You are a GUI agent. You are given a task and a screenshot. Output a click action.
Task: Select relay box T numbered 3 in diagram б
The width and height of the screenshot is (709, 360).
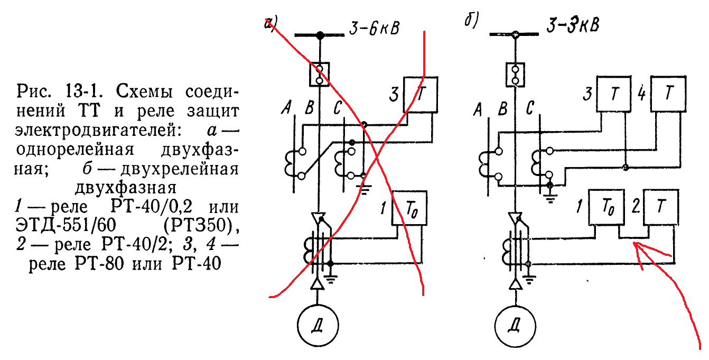[614, 94]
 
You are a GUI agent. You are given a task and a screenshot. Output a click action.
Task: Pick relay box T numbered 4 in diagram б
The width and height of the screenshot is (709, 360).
[668, 94]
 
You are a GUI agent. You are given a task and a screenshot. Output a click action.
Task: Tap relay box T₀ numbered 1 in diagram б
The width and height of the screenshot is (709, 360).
[607, 207]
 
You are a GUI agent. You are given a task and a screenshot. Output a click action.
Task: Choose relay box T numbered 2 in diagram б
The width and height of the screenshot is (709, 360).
[661, 207]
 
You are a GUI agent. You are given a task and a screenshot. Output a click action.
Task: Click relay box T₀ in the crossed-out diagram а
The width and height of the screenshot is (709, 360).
[409, 208]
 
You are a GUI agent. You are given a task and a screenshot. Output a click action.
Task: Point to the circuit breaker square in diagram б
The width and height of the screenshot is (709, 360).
[515, 75]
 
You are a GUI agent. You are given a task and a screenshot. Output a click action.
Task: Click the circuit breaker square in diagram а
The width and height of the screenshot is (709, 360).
[319, 74]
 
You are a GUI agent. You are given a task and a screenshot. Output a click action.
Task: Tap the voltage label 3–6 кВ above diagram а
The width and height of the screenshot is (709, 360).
[374, 29]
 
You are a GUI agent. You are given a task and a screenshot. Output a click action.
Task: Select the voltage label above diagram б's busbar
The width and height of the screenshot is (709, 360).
[573, 25]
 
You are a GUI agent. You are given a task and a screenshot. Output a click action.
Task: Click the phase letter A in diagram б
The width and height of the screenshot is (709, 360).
[478, 110]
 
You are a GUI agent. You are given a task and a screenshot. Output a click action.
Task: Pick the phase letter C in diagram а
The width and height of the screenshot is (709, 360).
[338, 108]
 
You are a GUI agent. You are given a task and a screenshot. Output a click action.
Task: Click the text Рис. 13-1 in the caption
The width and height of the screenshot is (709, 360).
[60, 91]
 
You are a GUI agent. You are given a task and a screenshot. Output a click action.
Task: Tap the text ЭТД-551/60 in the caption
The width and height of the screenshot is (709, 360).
[66, 225]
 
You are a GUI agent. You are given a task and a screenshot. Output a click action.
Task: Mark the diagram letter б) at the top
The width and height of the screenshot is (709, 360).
[472, 20]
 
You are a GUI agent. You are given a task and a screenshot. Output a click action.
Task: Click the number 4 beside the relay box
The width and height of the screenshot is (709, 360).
[642, 94]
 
